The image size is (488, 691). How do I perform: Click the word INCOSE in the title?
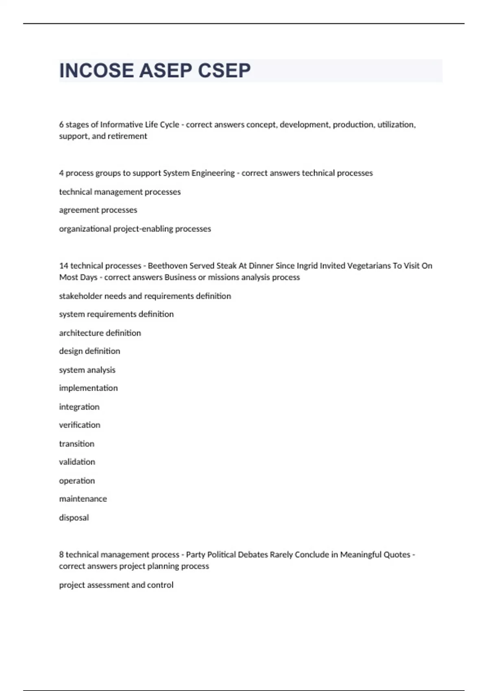pos(96,71)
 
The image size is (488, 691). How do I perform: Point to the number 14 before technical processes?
pos(63,266)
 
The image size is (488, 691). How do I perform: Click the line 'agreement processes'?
pos(98,210)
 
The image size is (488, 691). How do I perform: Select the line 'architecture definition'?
pos(100,333)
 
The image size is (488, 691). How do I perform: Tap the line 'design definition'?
pos(89,351)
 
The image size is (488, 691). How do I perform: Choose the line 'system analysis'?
pos(87,370)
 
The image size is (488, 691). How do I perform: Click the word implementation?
pos(88,388)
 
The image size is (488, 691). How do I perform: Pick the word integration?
pos(79,407)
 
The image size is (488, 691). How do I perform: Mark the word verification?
pos(79,425)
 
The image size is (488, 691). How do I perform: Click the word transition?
pos(76,444)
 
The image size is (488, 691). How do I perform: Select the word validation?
pos(77,462)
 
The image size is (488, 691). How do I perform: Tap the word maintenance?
pos(83,499)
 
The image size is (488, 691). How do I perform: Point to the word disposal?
pos(74,518)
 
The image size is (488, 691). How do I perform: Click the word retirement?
pos(127,136)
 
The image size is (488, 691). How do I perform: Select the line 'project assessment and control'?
pos(116,585)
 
